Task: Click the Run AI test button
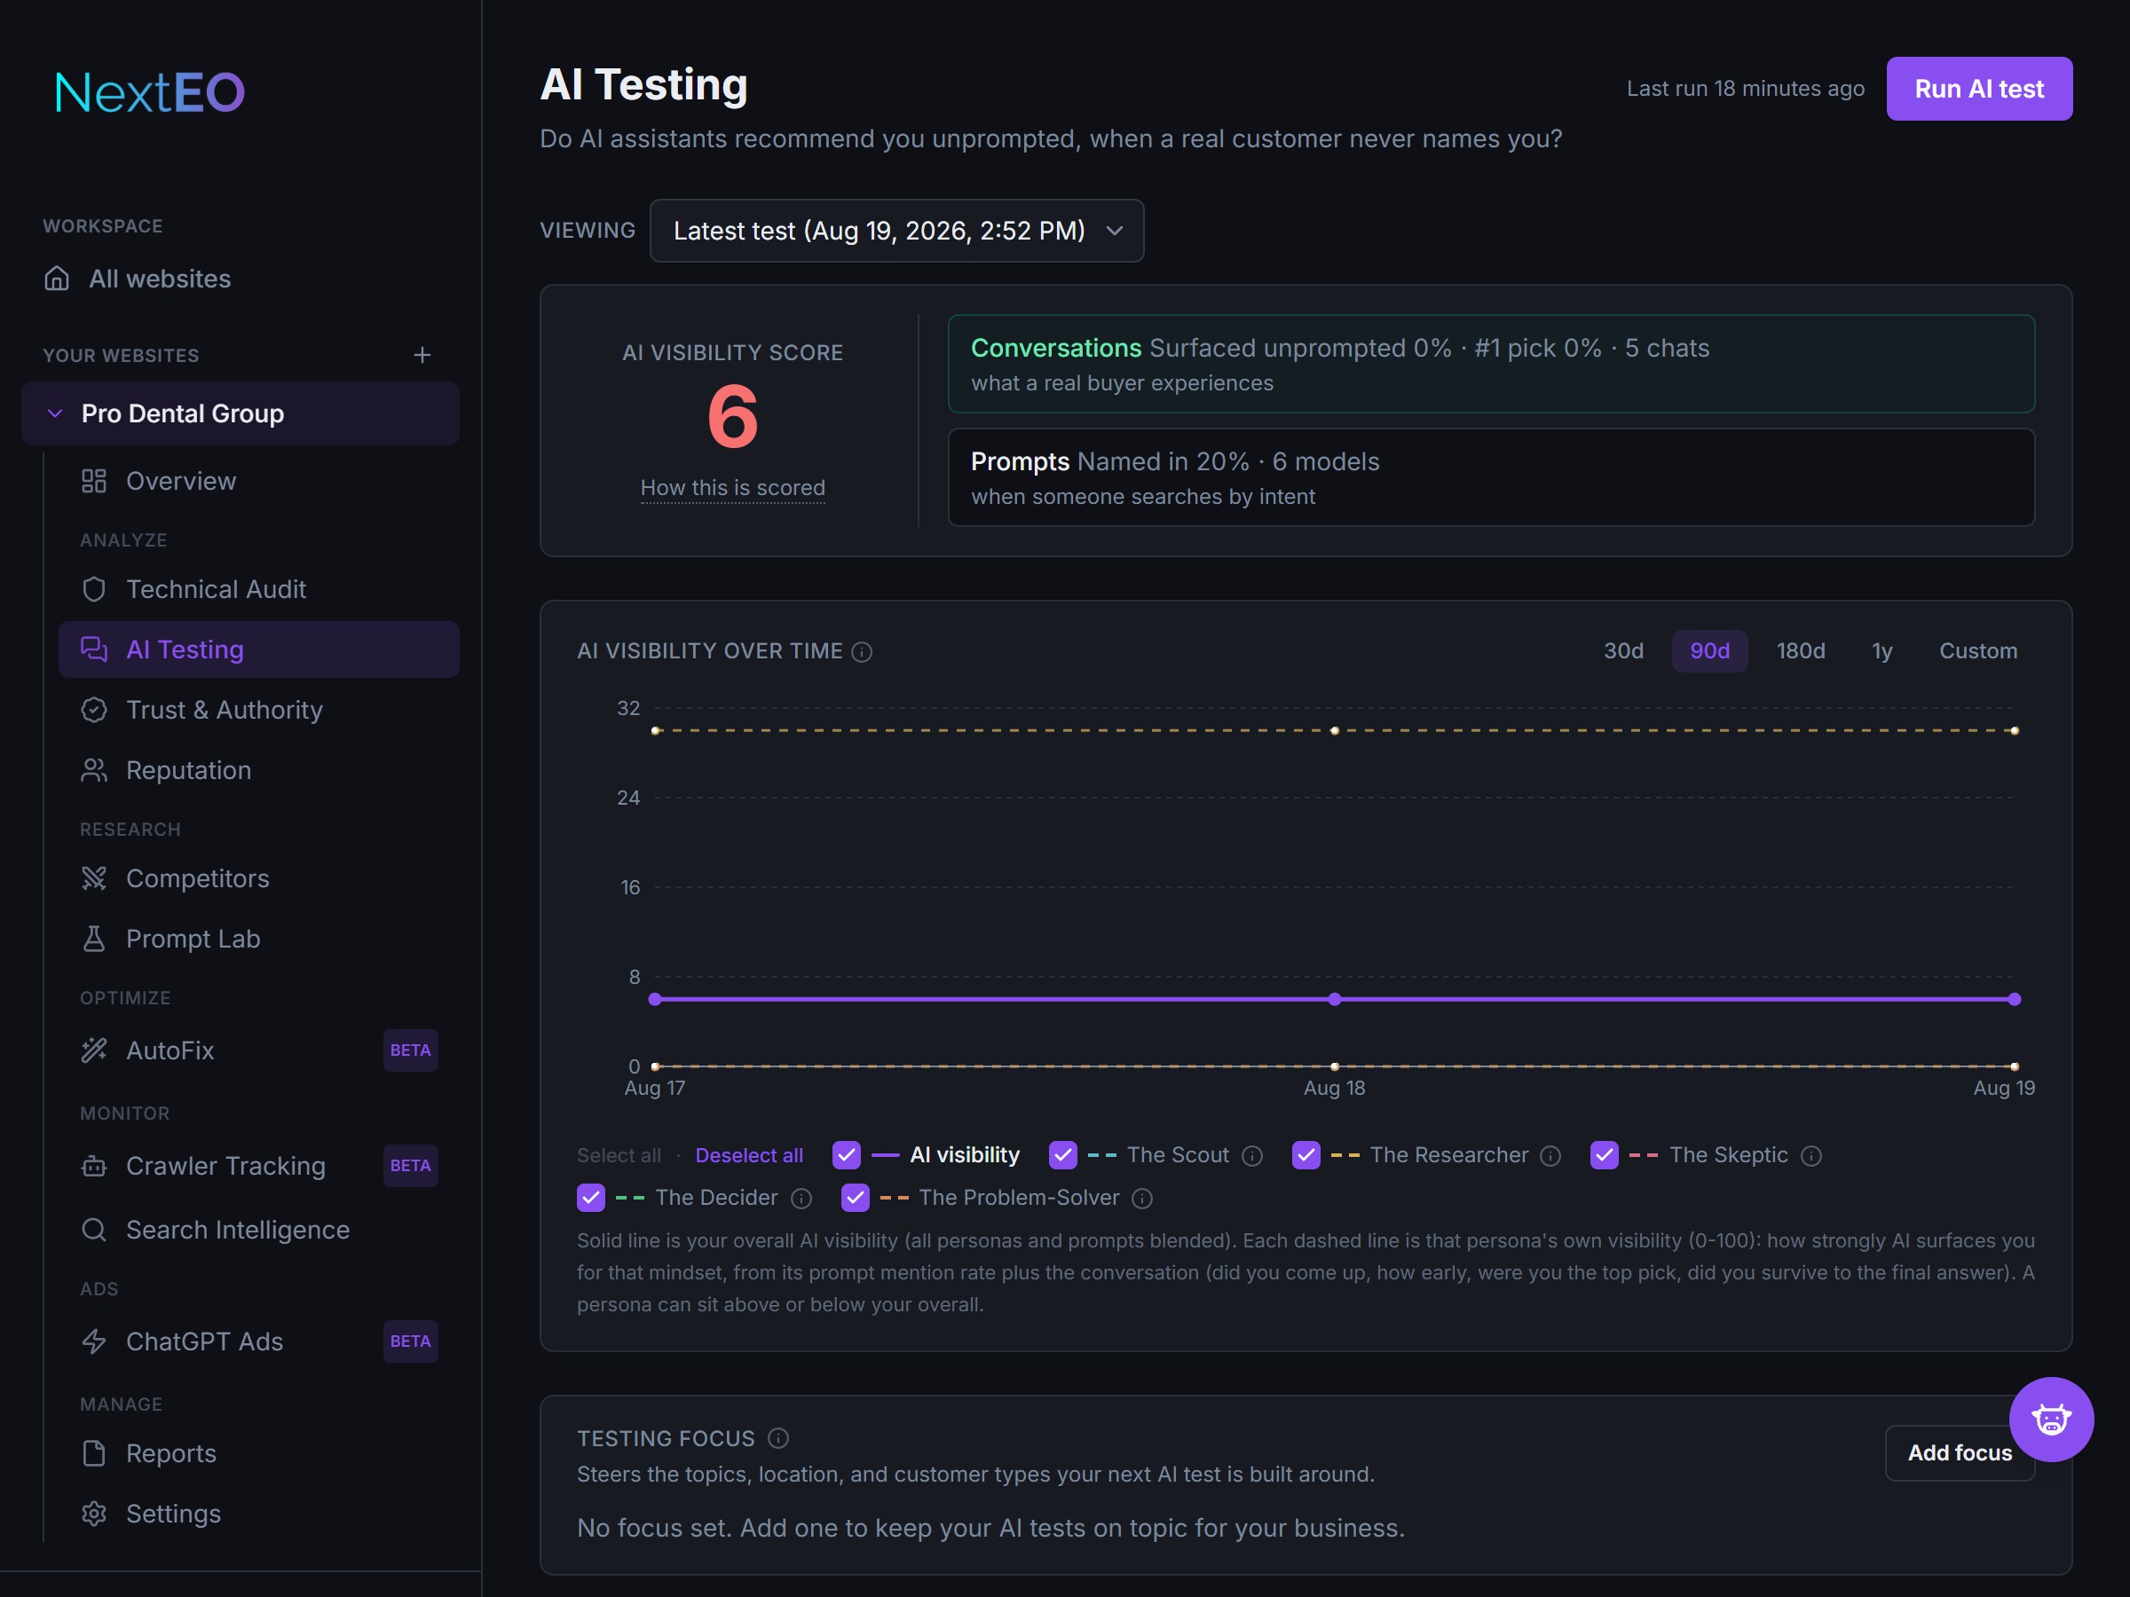1979,89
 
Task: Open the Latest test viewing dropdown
896,231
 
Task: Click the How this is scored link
733,488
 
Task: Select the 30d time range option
1623,650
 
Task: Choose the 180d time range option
1801,650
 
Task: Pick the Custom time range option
1978,650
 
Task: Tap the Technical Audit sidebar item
216,589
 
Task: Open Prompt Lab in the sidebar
193,939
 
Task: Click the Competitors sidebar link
197,878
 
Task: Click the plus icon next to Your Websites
422,355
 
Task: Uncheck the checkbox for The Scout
1063,1154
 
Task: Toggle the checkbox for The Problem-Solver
855,1198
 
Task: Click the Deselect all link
749,1155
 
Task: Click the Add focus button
1960,1452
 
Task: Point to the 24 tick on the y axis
627,798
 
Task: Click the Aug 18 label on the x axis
1335,1088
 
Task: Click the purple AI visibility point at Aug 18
1335,999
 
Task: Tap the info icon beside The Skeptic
1811,1155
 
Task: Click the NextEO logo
150,92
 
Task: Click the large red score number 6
733,416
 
